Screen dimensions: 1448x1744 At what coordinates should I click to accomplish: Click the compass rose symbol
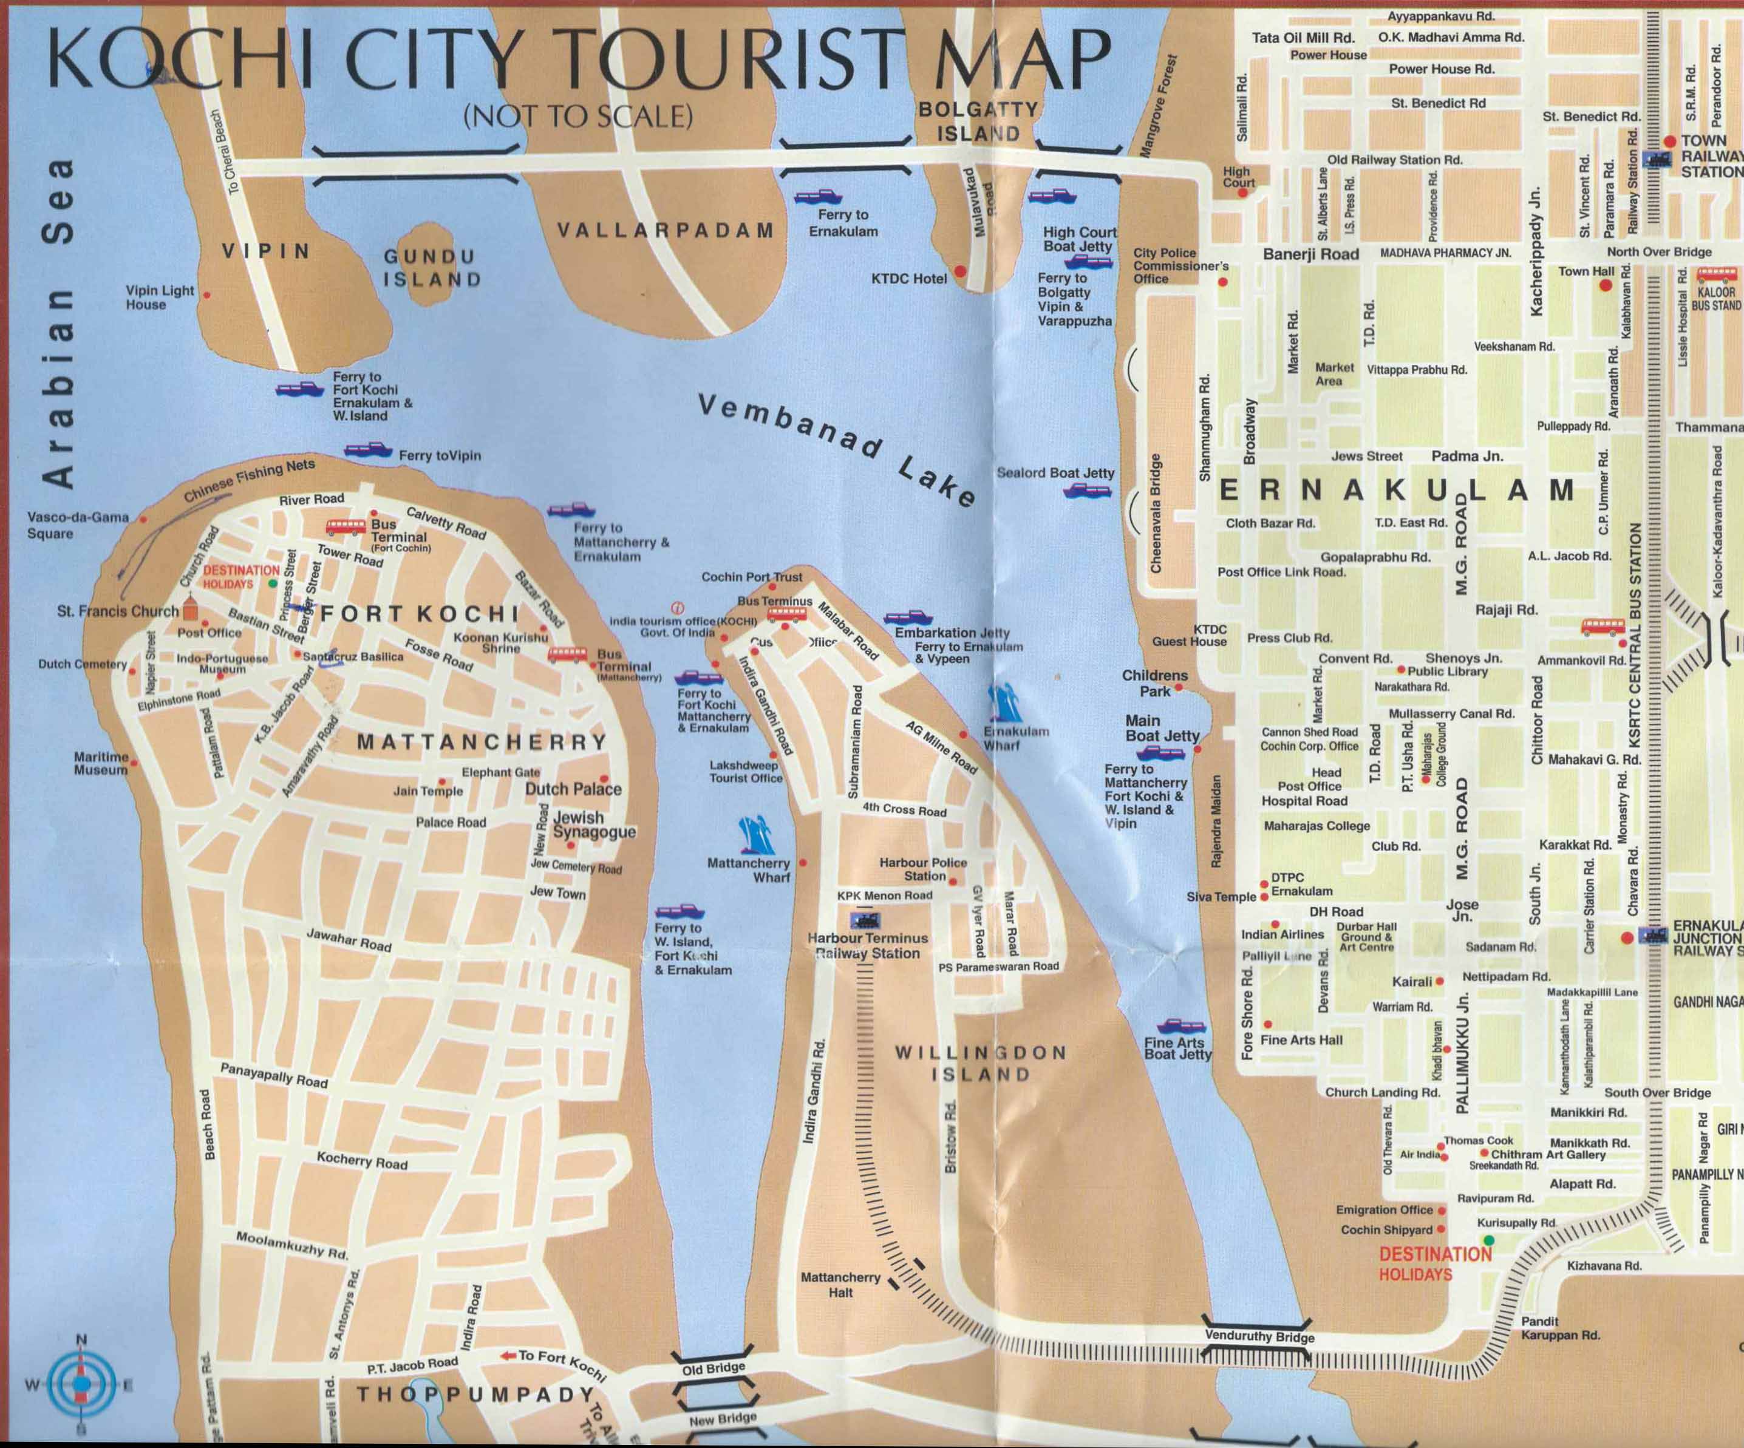point(81,1384)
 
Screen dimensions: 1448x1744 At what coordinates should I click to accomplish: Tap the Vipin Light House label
point(160,297)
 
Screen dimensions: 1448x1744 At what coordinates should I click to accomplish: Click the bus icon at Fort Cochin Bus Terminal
point(346,526)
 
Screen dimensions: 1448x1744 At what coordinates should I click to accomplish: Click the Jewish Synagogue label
point(594,824)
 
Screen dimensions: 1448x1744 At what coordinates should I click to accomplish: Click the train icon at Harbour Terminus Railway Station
point(865,920)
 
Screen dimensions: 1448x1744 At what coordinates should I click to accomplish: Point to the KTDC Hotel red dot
point(960,271)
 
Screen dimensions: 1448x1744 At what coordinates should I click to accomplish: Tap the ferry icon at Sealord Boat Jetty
point(1087,491)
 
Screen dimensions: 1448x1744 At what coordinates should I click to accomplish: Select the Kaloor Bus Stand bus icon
point(1717,275)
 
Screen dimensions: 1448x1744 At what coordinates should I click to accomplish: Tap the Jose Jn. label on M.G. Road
point(1462,910)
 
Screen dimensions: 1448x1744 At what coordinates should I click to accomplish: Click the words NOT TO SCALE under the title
point(578,116)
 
